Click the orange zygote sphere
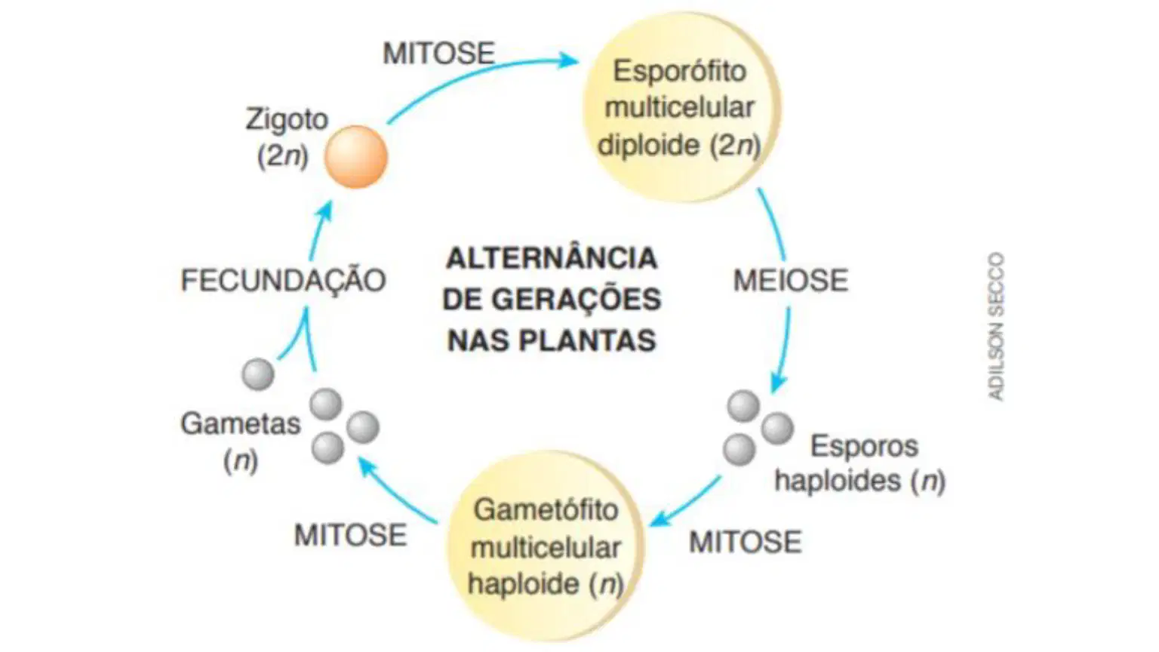[x=356, y=157]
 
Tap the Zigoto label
[x=287, y=119]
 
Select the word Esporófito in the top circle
[x=679, y=71]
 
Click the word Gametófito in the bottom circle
[x=546, y=509]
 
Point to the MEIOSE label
[x=791, y=281]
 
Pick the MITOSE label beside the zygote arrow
[x=438, y=54]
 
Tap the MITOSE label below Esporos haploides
[x=745, y=543]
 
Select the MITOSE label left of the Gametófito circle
[x=350, y=535]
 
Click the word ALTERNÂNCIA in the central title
[x=552, y=258]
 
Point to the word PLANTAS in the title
[x=587, y=341]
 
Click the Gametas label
[x=240, y=424]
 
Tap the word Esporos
[x=864, y=447]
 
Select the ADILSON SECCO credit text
[x=996, y=327]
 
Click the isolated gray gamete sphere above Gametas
[x=257, y=374]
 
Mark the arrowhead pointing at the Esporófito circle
[x=568, y=60]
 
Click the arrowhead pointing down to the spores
[x=778, y=383]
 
